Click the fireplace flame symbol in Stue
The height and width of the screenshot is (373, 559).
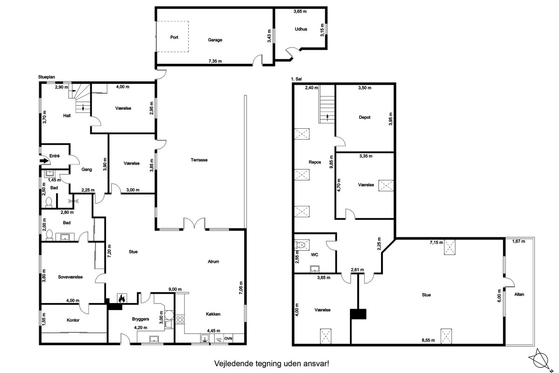[x=122, y=298]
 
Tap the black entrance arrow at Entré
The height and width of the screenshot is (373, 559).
[x=44, y=161]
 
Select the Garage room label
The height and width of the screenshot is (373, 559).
[x=215, y=40]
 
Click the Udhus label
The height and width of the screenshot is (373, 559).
[x=301, y=29]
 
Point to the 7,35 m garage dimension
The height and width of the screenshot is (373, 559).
[x=215, y=61]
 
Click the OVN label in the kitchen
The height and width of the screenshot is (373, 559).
[x=228, y=338]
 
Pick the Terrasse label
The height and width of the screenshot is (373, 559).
[x=199, y=160]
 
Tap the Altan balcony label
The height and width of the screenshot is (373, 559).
[x=519, y=294]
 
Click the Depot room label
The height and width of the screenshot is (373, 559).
[x=365, y=117]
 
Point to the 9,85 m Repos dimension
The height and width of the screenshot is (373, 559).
[x=331, y=162]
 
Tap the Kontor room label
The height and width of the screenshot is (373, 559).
[x=73, y=320]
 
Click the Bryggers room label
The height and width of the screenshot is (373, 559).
[x=141, y=319]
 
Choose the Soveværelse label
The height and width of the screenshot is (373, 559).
[x=70, y=277]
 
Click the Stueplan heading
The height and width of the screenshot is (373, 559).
[x=47, y=77]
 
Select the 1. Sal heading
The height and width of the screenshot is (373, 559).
[x=296, y=79]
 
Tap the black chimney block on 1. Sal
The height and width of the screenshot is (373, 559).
[x=358, y=314]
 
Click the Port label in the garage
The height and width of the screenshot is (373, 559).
[x=174, y=37]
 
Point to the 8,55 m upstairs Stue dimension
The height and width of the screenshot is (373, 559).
[x=428, y=340]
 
